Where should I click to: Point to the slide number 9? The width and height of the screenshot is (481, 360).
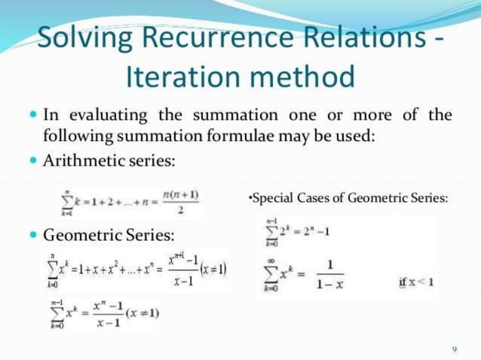[x=455, y=348]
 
